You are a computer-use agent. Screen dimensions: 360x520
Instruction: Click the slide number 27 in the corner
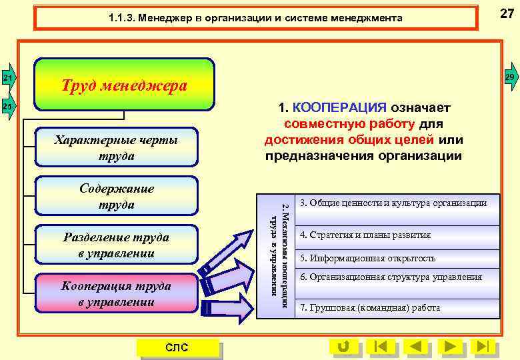coord(507,13)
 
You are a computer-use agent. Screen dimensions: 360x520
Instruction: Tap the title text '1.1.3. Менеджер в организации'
coord(255,18)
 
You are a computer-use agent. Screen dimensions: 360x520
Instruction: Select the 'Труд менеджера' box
coord(124,85)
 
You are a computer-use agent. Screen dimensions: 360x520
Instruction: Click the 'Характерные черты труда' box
coord(116,147)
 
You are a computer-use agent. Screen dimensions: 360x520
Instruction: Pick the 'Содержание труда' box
coord(116,196)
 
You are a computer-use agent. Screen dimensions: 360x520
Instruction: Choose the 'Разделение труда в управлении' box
coord(116,245)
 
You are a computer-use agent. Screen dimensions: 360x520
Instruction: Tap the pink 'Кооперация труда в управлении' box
coord(116,293)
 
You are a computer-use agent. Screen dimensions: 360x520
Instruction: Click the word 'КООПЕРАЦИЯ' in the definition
coord(339,108)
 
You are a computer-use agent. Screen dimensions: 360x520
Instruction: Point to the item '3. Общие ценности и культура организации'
coord(393,203)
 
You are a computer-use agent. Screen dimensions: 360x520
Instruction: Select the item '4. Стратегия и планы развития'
coord(365,235)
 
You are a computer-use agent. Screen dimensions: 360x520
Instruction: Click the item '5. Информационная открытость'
coord(368,258)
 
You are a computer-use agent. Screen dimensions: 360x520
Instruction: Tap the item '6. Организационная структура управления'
coord(391,277)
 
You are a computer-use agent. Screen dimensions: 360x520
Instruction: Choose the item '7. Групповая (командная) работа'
coord(370,307)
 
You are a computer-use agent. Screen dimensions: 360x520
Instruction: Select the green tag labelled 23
coord(7,106)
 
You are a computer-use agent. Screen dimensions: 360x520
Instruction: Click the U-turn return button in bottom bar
coord(344,346)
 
